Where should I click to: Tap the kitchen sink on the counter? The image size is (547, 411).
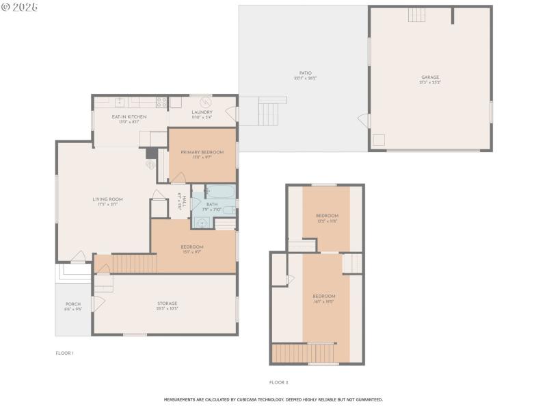coord(120,102)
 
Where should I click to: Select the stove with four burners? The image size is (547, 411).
coord(162,102)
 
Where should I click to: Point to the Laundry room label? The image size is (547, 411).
coord(202,112)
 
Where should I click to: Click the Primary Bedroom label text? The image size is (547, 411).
coord(201,151)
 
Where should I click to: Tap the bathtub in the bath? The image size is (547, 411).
coord(220,192)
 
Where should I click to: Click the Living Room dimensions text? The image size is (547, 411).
coord(107,203)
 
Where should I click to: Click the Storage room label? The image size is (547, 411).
coord(168,303)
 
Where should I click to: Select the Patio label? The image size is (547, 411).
coord(305,73)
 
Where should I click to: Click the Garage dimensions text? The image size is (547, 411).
coord(430,82)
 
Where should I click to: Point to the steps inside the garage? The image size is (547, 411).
coord(417,14)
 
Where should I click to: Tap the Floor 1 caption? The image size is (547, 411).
coord(64,353)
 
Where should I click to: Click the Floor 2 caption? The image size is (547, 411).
coord(278,382)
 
